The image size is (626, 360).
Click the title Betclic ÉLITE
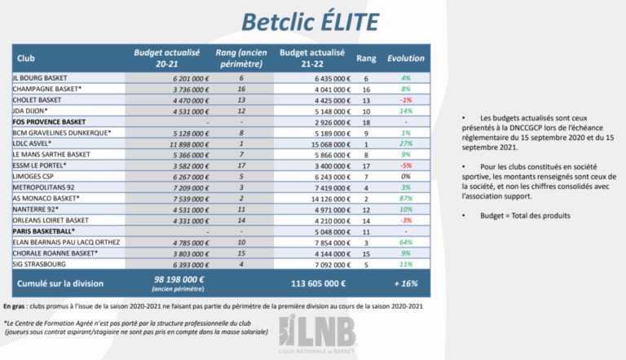pyautogui.click(x=312, y=21)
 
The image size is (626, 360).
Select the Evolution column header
pyautogui.click(x=405, y=59)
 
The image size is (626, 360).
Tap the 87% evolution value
pyautogui.click(x=405, y=198)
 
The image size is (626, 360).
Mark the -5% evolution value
pyautogui.click(x=405, y=165)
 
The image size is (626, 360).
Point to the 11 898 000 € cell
pyautogui.click(x=176, y=143)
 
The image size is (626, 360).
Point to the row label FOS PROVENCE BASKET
pyautogui.click(x=49, y=121)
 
